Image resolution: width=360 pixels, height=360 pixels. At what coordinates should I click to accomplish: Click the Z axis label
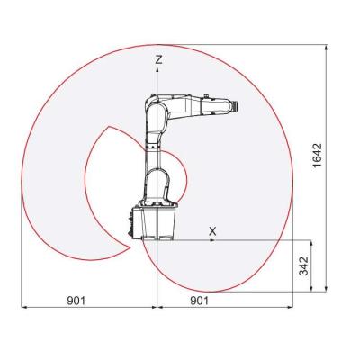(x=158, y=58)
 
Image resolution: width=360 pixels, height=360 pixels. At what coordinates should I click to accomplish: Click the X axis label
(x=212, y=231)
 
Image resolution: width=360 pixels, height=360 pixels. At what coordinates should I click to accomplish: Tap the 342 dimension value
(x=303, y=266)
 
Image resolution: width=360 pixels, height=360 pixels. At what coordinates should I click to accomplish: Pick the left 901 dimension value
(x=76, y=300)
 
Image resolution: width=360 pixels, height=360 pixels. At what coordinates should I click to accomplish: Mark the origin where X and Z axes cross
(x=157, y=240)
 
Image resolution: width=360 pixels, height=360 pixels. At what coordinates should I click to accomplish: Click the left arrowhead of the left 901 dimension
(x=23, y=308)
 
